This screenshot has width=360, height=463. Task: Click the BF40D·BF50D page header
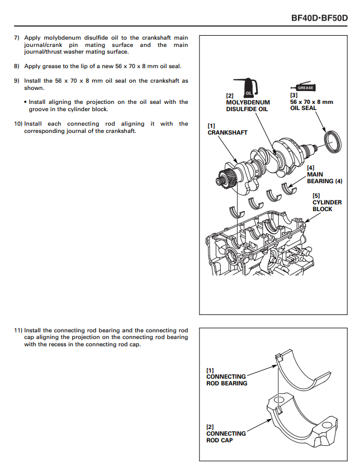tap(319, 18)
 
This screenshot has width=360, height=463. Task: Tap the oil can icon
tap(246, 87)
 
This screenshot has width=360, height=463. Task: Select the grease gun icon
tap(303, 87)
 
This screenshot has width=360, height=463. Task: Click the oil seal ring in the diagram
tap(333, 142)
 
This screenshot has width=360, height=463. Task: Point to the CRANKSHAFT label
tap(228, 132)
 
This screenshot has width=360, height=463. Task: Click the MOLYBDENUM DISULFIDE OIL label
tap(248, 106)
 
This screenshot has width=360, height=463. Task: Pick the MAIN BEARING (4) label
tap(325, 178)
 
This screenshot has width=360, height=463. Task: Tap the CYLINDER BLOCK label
tap(327, 206)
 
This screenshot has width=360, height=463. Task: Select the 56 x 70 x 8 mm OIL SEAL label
tap(311, 105)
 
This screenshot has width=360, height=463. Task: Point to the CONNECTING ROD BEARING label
tap(226, 380)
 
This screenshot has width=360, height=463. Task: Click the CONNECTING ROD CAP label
tap(226, 437)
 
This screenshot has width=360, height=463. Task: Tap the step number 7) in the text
tap(17, 38)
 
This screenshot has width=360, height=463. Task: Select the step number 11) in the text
tap(18, 331)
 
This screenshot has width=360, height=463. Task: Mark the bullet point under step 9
tap(26, 102)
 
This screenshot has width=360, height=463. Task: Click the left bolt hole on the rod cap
tap(279, 400)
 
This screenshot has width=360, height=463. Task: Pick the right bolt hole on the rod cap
tap(327, 425)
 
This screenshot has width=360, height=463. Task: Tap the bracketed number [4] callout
tap(311, 168)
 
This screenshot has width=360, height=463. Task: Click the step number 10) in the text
tap(18, 124)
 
